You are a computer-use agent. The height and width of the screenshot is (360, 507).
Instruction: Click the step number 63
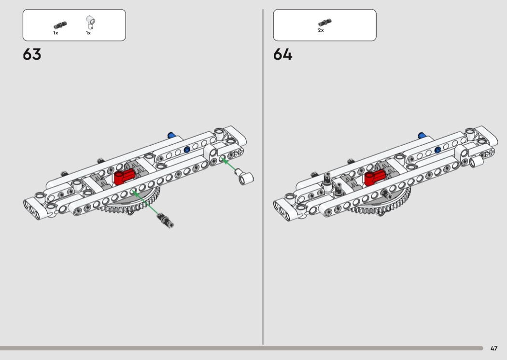[x=32, y=55]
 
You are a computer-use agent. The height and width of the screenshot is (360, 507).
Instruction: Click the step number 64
[x=282, y=55]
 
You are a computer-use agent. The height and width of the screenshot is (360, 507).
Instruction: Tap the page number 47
[x=494, y=348]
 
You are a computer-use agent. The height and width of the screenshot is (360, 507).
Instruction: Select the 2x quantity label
[x=321, y=30]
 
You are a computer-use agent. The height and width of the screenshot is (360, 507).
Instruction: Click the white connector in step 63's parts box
[x=91, y=22]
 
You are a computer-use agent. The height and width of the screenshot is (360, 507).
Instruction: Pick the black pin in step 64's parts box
[x=324, y=22]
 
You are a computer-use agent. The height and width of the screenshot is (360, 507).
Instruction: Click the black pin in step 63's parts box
[x=60, y=25]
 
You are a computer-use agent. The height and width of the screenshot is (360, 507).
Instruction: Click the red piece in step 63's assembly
[x=124, y=177]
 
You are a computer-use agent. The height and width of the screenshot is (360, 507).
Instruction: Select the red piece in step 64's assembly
[x=375, y=177]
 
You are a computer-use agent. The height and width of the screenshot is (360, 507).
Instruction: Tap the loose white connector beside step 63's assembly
[x=245, y=177]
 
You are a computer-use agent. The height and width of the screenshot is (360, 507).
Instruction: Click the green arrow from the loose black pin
[x=145, y=203]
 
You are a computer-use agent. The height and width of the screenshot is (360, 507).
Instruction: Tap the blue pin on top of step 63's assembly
[x=171, y=135]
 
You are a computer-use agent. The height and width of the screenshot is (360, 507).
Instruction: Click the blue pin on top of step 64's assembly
[x=422, y=136]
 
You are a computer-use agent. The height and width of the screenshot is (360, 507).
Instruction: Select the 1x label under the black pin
[x=56, y=33]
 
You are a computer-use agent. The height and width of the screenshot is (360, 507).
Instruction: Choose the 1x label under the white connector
[x=88, y=33]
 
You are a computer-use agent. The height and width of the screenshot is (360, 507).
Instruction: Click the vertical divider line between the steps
[x=263, y=177]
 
